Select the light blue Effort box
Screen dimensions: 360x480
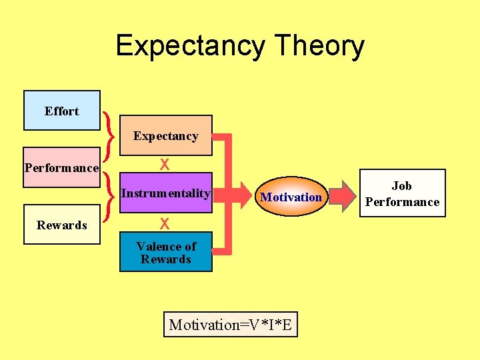click(61, 111)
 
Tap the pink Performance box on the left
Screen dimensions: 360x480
click(61, 167)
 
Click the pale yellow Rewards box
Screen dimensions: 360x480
click(61, 225)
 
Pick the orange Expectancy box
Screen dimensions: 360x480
click(165, 136)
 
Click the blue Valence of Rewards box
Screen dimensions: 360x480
click(165, 253)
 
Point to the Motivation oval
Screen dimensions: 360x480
click(291, 197)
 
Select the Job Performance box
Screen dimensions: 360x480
click(401, 193)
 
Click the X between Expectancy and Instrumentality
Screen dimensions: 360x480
click(163, 165)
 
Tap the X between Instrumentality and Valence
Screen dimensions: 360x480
click(163, 223)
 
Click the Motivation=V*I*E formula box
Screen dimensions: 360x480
click(230, 325)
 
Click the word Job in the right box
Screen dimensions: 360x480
click(401, 186)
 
